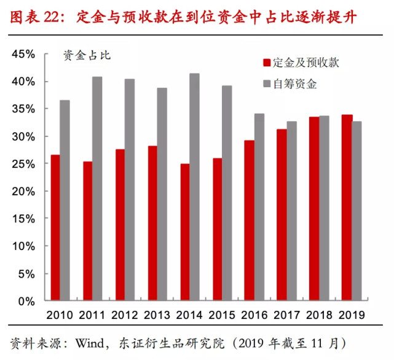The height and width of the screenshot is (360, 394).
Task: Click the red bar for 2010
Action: coord(55,228)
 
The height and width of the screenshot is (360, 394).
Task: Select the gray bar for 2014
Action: coord(194,187)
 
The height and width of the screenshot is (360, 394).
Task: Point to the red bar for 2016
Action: coord(249,221)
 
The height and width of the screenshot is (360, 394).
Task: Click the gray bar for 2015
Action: coord(227,193)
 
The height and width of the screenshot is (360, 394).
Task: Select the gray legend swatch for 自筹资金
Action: coord(267,84)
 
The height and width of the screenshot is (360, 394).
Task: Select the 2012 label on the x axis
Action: coord(125,315)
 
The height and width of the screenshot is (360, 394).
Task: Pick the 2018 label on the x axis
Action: coord(318,315)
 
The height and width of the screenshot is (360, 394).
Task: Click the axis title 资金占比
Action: coord(86,56)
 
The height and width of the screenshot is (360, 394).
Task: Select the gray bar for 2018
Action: coord(324,208)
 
